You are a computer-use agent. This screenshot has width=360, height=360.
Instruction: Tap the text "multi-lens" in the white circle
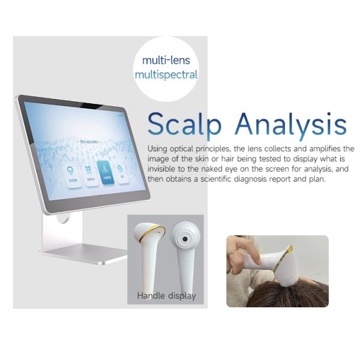click(x=166, y=60)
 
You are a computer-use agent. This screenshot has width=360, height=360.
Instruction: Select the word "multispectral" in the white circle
click(x=166, y=75)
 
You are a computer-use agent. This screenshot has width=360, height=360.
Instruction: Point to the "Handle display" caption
click(x=166, y=295)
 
